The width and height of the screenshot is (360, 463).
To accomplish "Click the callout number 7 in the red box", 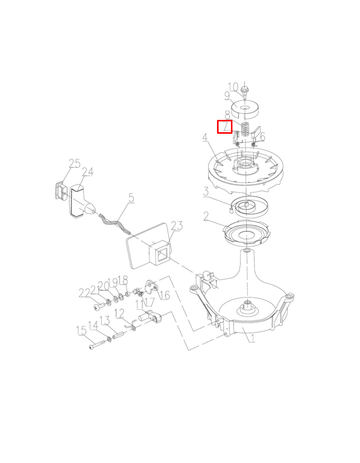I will point(225,127).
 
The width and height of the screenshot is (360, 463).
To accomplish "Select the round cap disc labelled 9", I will point(245,109).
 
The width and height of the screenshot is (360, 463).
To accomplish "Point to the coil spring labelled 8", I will point(245,129).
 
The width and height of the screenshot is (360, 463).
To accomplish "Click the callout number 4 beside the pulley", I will point(205,137).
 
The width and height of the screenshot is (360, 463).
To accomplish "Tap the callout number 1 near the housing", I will point(251,337).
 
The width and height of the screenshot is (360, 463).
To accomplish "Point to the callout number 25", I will point(75,164).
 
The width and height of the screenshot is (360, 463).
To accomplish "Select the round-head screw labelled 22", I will point(98,307).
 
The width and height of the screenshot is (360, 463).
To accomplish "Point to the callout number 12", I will point(119,313).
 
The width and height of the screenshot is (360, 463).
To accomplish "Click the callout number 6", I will point(262,137).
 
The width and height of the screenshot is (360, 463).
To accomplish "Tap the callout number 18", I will point(123,280).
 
